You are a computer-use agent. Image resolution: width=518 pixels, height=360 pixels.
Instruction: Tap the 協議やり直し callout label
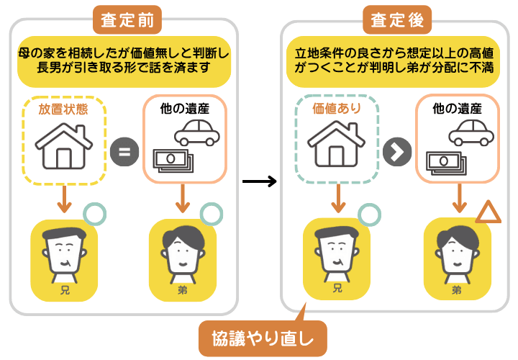click(x=263, y=338)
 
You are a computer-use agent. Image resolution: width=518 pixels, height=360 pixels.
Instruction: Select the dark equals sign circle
click(x=124, y=153)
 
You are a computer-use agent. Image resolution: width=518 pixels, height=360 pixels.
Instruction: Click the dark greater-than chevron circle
click(x=397, y=152)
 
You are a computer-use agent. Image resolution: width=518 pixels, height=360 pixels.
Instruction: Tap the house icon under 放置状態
click(x=64, y=146)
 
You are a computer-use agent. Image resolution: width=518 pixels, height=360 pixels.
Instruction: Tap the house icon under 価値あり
click(x=336, y=146)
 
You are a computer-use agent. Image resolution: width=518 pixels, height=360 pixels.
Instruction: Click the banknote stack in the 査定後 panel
click(x=445, y=160)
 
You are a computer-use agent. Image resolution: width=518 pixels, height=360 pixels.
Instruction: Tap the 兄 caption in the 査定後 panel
click(x=336, y=290)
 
